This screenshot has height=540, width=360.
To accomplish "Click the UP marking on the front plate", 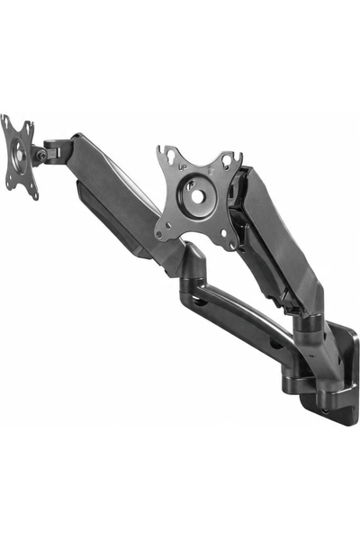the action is (182, 167).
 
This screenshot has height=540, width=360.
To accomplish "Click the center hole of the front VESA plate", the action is (197, 196).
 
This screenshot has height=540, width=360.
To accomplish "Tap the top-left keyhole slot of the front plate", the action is (170, 157).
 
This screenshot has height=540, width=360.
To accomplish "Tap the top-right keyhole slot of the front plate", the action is (227, 160).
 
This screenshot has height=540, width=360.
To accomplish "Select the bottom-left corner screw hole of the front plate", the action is (158, 235).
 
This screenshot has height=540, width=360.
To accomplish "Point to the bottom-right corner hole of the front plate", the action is (233, 246).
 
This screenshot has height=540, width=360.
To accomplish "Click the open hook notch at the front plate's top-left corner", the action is (160, 149).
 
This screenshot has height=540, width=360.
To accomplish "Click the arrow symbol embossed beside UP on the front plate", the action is (211, 171).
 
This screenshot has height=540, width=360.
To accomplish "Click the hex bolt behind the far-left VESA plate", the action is (42, 156).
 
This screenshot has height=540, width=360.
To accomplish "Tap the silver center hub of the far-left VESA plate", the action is (20, 156).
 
